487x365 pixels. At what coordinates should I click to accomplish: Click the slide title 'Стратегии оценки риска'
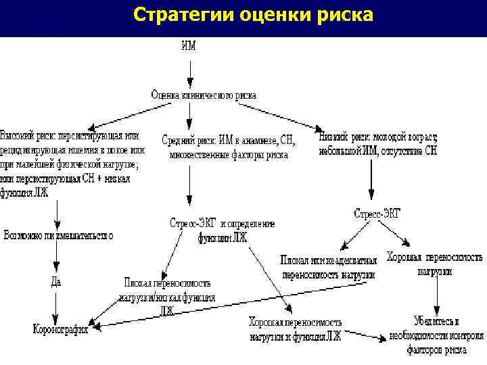pyautogui.click(x=253, y=14)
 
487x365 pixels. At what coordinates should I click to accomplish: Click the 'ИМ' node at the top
pyautogui.click(x=190, y=47)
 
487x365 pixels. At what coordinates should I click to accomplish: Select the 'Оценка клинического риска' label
pyautogui.click(x=203, y=95)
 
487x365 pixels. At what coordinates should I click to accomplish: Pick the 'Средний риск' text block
pyautogui.click(x=229, y=147)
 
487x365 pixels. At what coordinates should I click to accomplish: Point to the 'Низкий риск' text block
pyautogui.click(x=377, y=143)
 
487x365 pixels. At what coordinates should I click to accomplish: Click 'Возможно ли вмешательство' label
pyautogui.click(x=58, y=236)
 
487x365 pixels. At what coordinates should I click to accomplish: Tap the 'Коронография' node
pyautogui.click(x=62, y=330)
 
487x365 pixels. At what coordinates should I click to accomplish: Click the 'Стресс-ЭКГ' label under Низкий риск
pyautogui.click(x=377, y=214)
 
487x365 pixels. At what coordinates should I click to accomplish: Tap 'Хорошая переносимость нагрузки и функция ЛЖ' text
pyautogui.click(x=295, y=329)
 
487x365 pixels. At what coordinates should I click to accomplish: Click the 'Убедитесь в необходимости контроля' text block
pyautogui.click(x=437, y=335)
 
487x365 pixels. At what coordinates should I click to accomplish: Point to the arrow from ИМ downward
pyautogui.click(x=190, y=70)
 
